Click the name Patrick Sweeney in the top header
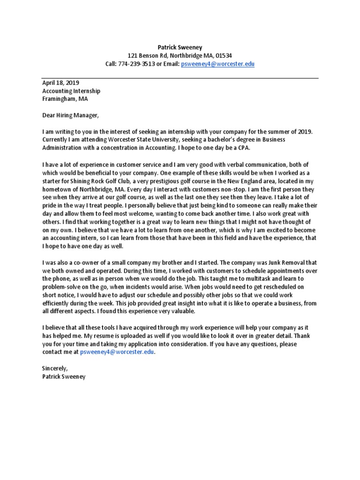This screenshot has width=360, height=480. point(180,47)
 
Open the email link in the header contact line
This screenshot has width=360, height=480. point(217,64)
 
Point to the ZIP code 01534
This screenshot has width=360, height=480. point(223,55)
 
